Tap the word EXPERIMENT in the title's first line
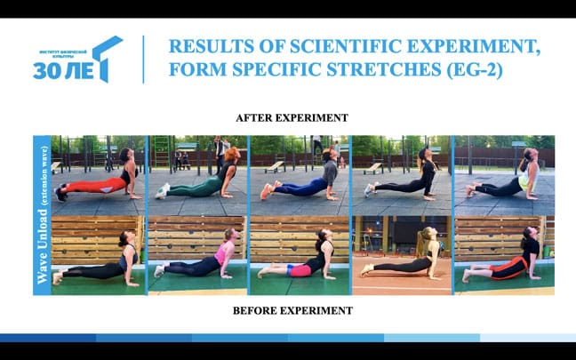[452, 45]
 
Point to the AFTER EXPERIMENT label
[292, 117]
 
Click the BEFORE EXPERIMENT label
[292, 310]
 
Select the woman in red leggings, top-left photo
[100, 180]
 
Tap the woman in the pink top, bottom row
[203, 258]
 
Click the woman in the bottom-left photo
[100, 260]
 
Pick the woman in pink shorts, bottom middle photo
[302, 260]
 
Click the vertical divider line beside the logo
[143, 60]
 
